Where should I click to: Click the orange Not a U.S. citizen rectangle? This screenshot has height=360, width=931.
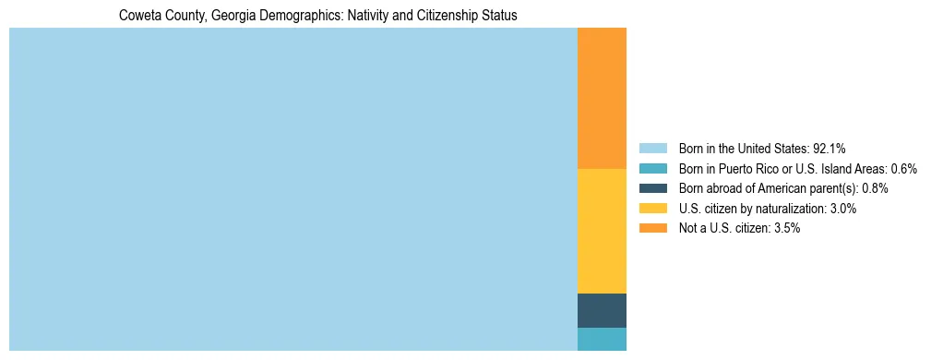tap(602, 98)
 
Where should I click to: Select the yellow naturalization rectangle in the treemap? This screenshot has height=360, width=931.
tap(602, 231)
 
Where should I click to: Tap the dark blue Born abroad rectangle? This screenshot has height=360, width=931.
tap(602, 310)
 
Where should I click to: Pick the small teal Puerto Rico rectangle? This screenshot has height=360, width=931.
tap(602, 339)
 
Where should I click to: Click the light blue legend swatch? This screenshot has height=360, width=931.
tap(652, 148)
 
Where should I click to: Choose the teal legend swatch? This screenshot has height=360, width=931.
tap(652, 168)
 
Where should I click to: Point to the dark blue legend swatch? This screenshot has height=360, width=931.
tap(652, 188)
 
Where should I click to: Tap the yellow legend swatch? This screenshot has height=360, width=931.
tap(652, 209)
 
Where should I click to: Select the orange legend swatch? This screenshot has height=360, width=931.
tap(652, 228)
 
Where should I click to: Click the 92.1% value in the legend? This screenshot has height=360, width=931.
tap(830, 148)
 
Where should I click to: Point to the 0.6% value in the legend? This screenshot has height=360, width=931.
tap(903, 168)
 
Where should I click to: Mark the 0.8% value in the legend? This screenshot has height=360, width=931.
tap(875, 188)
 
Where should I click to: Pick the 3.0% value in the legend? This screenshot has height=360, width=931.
tap(842, 209)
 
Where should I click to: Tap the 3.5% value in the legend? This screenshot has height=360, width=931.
tap(786, 228)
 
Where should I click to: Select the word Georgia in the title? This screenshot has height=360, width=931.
tap(233, 16)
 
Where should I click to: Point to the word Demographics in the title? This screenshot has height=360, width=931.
tap(302, 16)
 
